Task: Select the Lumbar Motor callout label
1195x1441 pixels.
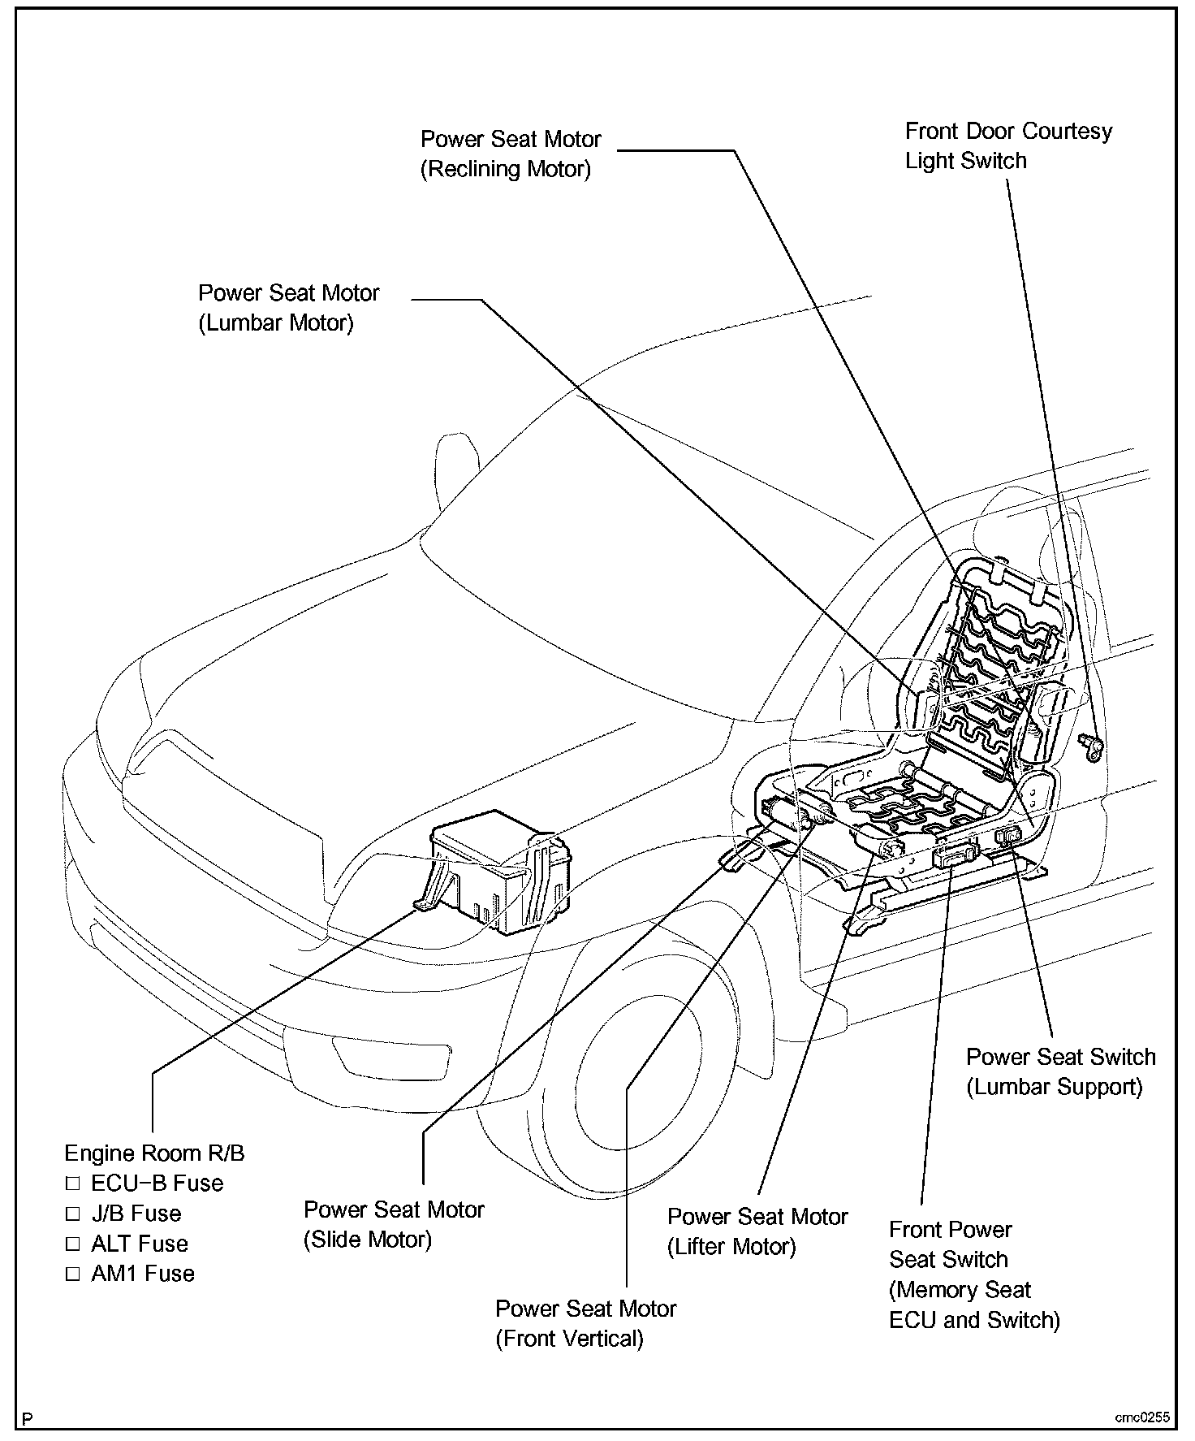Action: point(288,308)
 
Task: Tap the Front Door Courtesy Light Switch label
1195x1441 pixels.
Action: point(1007,145)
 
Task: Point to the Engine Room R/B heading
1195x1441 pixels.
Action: point(154,1153)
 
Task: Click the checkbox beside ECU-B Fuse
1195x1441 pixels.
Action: point(73,1184)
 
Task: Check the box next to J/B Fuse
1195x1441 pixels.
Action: point(73,1214)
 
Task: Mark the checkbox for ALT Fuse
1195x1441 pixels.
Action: point(73,1244)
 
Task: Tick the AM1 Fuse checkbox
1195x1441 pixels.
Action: point(73,1274)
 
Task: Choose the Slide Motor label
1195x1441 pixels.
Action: point(394,1224)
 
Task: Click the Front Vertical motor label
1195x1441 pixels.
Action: point(585,1323)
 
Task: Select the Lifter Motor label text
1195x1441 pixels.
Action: point(757,1231)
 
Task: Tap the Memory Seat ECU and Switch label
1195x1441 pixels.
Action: point(974,1274)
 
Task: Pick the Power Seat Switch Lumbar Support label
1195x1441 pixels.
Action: point(1060,1071)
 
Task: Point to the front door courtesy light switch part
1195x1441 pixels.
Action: point(1090,745)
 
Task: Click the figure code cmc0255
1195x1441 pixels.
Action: point(1141,1418)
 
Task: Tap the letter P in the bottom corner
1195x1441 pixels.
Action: point(28,1419)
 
